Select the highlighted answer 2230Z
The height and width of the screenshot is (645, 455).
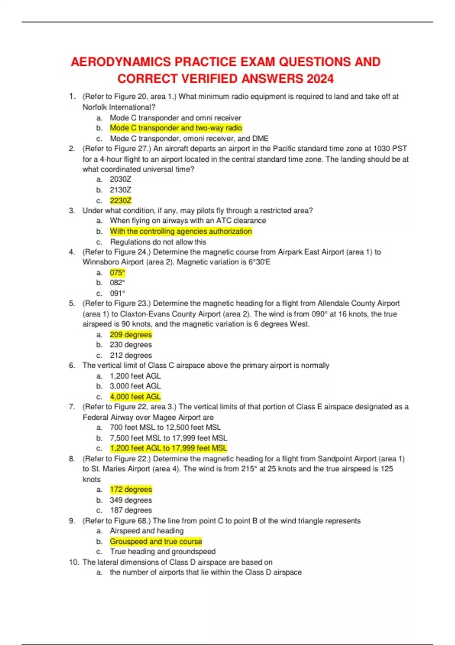pos(121,200)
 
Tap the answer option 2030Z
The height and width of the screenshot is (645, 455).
pos(121,179)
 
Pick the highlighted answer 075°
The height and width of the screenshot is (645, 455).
pos(117,272)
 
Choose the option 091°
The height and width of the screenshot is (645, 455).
pos(117,293)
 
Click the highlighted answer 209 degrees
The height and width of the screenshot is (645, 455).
pos(131,335)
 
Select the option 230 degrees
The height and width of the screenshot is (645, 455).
pos(131,345)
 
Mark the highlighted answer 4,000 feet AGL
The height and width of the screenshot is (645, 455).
pos(135,396)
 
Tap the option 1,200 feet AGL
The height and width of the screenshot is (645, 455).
pos(135,376)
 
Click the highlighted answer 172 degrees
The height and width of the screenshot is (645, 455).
pos(131,489)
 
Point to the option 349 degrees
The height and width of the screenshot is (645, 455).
pos(131,500)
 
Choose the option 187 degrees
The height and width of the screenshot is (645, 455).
pos(131,510)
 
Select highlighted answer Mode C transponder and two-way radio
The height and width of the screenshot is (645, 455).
pos(176,128)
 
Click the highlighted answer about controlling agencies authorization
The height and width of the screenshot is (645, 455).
pos(181,231)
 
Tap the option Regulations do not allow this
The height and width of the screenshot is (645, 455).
pos(158,242)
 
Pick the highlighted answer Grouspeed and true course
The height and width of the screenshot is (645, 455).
pos(156,541)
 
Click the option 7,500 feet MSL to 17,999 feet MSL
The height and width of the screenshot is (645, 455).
pos(168,438)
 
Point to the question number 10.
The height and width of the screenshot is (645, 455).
pos(74,562)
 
